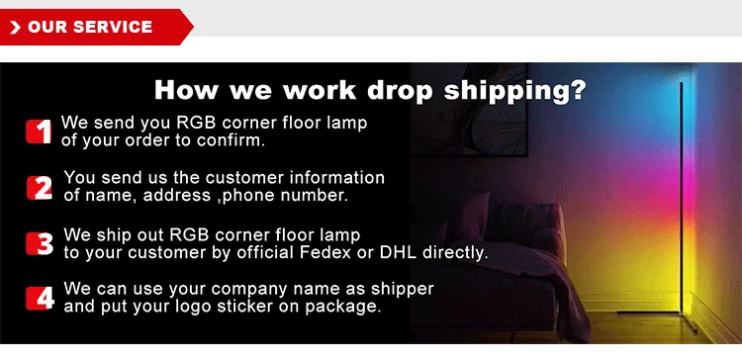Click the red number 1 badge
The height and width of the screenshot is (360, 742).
pos(39,132)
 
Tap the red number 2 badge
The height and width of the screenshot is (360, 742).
pos(40,188)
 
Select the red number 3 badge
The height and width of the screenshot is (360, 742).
pos(40,243)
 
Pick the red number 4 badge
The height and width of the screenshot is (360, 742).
pos(41,299)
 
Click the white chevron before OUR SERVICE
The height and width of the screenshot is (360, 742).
pos(15,28)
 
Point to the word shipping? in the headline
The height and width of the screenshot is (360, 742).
pos(514,90)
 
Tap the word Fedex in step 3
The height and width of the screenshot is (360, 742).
pos(325,252)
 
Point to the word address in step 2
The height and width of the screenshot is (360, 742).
pos(177,195)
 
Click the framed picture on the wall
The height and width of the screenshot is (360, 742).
pos(469,110)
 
